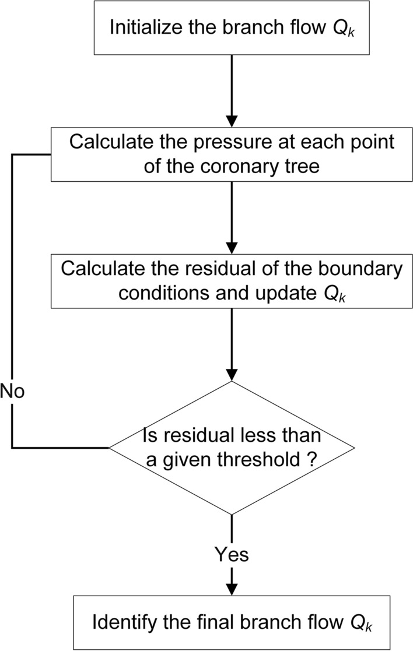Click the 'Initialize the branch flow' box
pos(232,27)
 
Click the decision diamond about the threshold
pos(232,448)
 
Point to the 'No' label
pos(13,391)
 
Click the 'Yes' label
pos(232,554)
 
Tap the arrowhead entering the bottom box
pos(232,590)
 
